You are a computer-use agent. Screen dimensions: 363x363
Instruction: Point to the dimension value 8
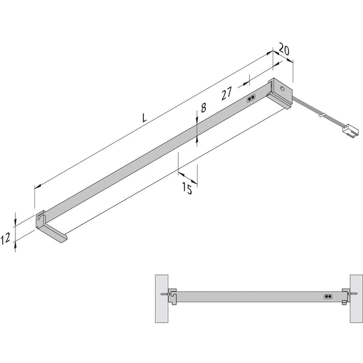(x=203, y=108)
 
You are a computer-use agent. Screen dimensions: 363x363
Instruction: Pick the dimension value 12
(x=6, y=239)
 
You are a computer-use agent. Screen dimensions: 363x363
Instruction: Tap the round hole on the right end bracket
(x=283, y=89)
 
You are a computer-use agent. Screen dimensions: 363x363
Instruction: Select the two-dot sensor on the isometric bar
(x=251, y=98)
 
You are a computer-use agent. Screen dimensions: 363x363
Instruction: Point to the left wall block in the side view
(x=161, y=297)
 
